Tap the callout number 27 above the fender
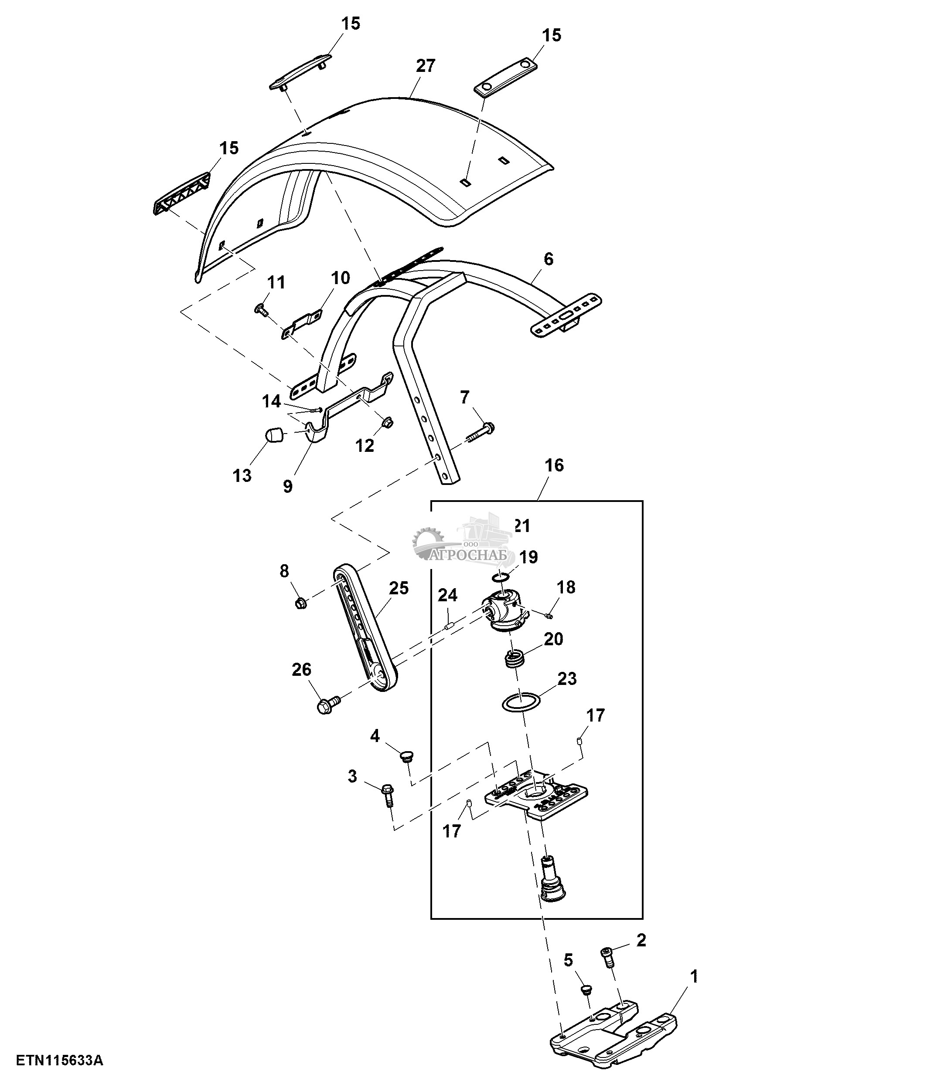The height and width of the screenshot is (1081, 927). (426, 66)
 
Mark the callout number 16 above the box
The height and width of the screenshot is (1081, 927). (554, 465)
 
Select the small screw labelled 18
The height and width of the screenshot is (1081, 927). (548, 616)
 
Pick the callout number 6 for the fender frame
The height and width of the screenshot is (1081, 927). (548, 259)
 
